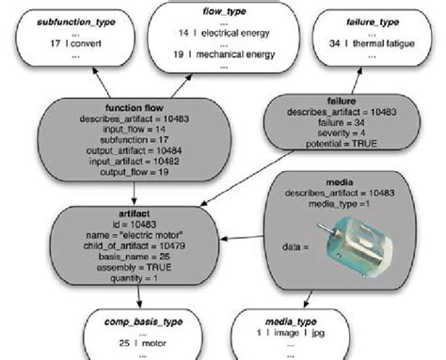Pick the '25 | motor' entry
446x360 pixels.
138,344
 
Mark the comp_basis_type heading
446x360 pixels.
138,322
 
